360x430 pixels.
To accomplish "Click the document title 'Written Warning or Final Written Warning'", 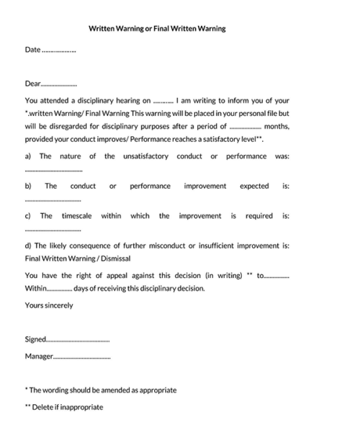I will [x=157, y=29].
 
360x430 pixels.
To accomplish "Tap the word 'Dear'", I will [x=33, y=84].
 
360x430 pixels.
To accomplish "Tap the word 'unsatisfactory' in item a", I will [x=146, y=156].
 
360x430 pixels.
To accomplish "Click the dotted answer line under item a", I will [x=53, y=171].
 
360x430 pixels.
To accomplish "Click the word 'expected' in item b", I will [x=253, y=186].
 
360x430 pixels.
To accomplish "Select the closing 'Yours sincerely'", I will [x=49, y=305].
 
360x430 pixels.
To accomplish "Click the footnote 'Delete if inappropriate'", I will [x=67, y=407].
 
